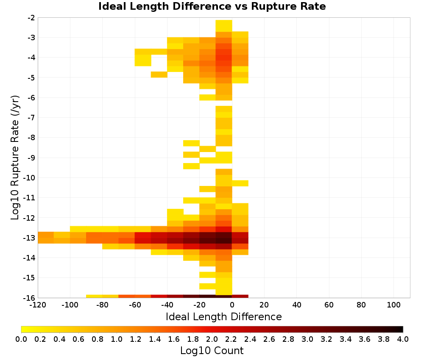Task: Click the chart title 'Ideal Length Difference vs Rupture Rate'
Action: [x=212, y=6]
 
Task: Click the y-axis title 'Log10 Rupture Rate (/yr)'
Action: [x=15, y=158]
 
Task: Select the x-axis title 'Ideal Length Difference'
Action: [x=223, y=316]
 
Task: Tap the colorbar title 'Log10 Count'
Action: [x=212, y=351]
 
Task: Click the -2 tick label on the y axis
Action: [x=31, y=18]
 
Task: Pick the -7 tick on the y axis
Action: [x=31, y=117]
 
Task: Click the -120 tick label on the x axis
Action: [x=38, y=305]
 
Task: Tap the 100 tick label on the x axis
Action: [x=393, y=305]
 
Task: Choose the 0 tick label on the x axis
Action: [x=232, y=305]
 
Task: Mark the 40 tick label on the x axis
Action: [x=297, y=305]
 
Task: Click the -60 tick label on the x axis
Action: [x=135, y=305]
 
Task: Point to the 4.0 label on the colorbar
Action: [x=403, y=339]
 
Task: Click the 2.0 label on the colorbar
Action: [x=212, y=339]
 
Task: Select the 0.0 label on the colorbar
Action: [x=21, y=339]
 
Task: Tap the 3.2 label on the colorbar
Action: [x=326, y=339]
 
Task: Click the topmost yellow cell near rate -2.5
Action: [x=224, y=26]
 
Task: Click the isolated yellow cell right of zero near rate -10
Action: [x=240, y=183]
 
